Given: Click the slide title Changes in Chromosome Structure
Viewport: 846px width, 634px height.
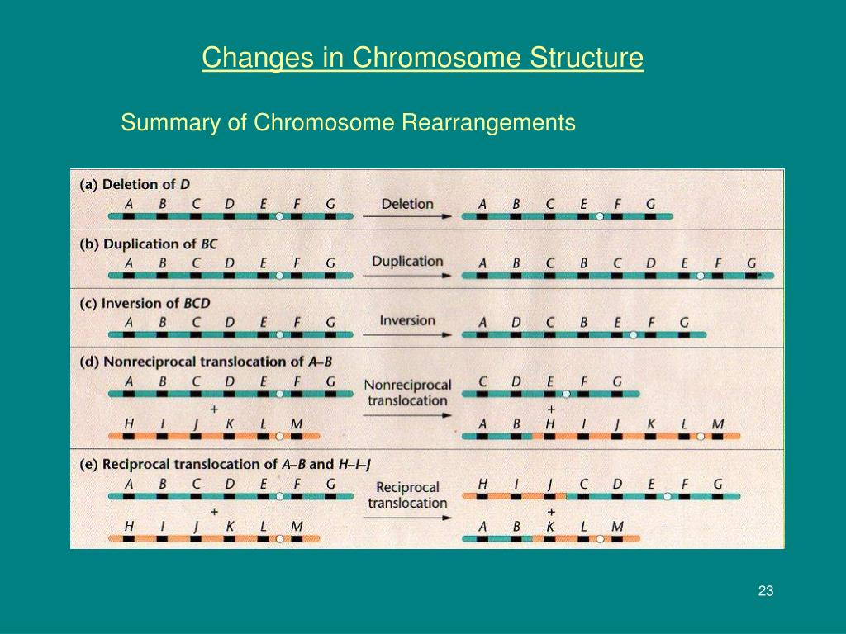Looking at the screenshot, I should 422,59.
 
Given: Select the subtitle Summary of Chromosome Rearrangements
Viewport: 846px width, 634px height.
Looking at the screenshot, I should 347,123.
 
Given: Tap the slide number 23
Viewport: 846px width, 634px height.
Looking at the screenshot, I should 765,590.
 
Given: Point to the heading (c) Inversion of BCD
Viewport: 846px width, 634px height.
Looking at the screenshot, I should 145,303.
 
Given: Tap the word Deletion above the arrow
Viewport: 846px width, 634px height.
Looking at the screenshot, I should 407,203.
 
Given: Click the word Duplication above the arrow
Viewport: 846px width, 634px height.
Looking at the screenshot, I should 407,261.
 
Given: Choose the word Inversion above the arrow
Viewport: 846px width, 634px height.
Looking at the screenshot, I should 407,320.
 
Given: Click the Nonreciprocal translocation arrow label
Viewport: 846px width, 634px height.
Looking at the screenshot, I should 407,392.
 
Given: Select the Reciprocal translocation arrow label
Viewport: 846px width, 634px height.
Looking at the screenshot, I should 407,494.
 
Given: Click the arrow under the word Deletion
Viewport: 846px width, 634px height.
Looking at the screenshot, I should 407,216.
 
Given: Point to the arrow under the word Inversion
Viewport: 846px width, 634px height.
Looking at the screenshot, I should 407,334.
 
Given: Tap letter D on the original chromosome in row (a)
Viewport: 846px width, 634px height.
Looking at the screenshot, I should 229,204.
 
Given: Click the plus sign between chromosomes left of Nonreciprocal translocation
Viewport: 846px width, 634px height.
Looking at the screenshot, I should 214,409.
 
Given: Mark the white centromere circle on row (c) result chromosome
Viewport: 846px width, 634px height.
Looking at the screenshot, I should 633,334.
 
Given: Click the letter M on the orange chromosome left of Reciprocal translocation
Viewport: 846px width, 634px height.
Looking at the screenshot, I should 297,526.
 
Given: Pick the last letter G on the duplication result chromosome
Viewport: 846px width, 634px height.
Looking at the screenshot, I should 751,263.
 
